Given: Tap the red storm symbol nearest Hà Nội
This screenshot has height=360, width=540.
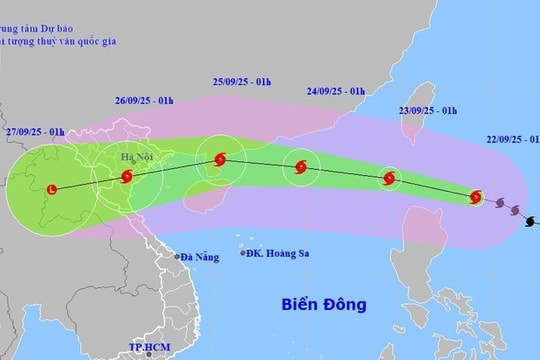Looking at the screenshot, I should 126,178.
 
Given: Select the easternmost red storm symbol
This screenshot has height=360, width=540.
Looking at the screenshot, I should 476,196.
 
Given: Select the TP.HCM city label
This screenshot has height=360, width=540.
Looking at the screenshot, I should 146,349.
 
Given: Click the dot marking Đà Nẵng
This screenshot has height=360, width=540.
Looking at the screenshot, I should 178,256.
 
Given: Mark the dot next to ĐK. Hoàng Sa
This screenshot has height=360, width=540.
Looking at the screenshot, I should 244,252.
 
